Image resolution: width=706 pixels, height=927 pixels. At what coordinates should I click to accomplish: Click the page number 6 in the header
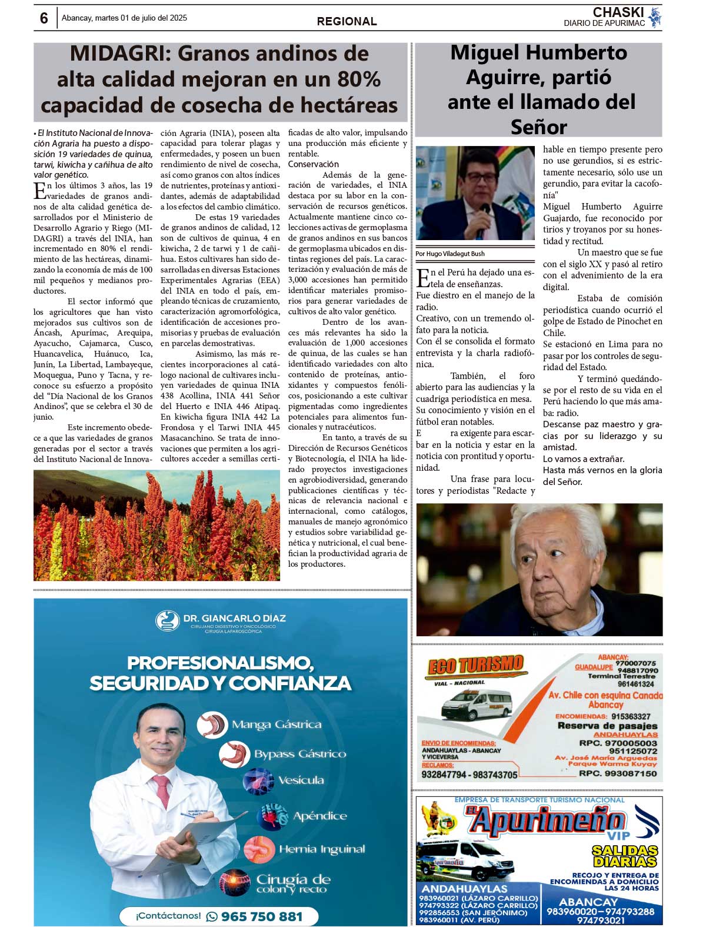click(x=44, y=18)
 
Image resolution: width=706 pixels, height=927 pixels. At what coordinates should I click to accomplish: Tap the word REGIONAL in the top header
click(x=347, y=21)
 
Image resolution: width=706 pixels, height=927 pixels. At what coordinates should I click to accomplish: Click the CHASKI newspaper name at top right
click(x=618, y=12)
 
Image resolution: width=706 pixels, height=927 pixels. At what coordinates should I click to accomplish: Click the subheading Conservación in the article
click(x=313, y=164)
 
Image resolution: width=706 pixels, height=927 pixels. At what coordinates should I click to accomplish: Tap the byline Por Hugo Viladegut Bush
click(x=450, y=254)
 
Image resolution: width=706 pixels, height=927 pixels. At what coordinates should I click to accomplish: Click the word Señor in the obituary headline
click(x=538, y=127)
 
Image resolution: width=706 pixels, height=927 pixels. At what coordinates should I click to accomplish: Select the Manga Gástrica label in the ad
click(x=277, y=725)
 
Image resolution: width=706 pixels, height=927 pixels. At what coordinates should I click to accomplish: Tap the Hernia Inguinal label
click(x=322, y=849)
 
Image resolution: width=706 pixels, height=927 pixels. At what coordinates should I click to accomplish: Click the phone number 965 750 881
click(x=262, y=916)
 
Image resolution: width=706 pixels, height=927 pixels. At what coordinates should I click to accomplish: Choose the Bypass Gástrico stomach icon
click(x=235, y=753)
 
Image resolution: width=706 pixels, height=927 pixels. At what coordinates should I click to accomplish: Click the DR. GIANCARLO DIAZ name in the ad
click(x=234, y=618)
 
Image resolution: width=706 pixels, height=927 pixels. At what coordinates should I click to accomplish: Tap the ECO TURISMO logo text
click(x=475, y=666)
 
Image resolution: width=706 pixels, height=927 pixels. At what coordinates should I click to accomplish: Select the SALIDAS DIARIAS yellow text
click(x=624, y=856)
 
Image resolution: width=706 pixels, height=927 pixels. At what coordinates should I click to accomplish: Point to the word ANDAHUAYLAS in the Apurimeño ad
click(x=465, y=888)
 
